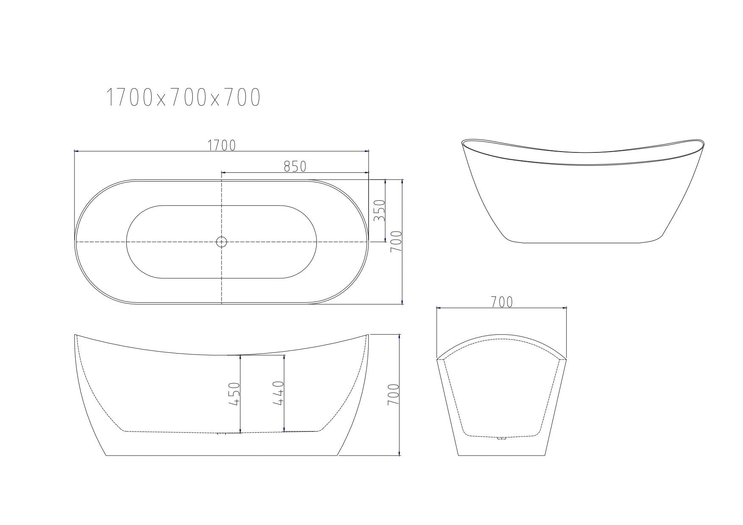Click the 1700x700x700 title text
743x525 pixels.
[183, 98]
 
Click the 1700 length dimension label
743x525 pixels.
[222, 145]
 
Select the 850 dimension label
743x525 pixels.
[295, 166]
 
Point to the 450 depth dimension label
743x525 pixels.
[234, 394]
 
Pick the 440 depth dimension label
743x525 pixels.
[278, 393]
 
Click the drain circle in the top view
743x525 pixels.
[222, 242]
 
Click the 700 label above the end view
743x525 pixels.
[502, 302]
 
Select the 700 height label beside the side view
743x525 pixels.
[394, 394]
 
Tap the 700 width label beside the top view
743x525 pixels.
[396, 242]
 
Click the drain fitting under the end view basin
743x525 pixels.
[502, 438]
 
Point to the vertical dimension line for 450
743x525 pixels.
[240, 394]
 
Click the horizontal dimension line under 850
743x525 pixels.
[295, 172]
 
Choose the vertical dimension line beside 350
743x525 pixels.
[385, 211]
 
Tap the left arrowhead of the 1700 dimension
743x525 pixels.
[76, 151]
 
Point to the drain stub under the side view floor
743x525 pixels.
[222, 434]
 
